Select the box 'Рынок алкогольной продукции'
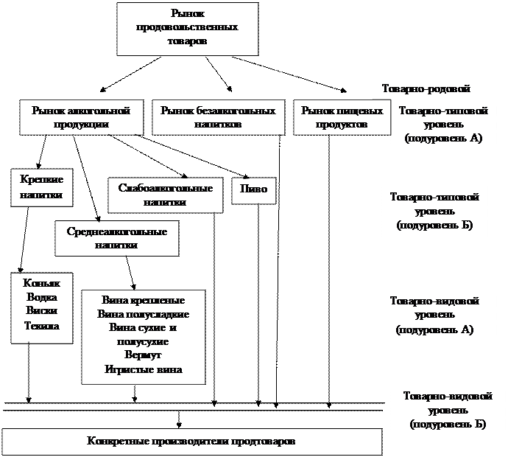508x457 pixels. (x=80, y=117)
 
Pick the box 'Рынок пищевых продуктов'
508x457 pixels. (x=342, y=117)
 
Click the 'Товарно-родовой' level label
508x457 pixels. (x=426, y=88)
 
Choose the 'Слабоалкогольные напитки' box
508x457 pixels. (x=165, y=195)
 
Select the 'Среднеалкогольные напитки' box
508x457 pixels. (x=116, y=238)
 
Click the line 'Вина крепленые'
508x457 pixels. (x=144, y=301)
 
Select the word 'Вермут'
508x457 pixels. (x=144, y=356)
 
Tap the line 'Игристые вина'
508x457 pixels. (x=144, y=369)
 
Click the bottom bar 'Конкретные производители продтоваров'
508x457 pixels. (x=191, y=442)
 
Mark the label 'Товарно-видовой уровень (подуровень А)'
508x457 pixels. (x=434, y=315)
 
